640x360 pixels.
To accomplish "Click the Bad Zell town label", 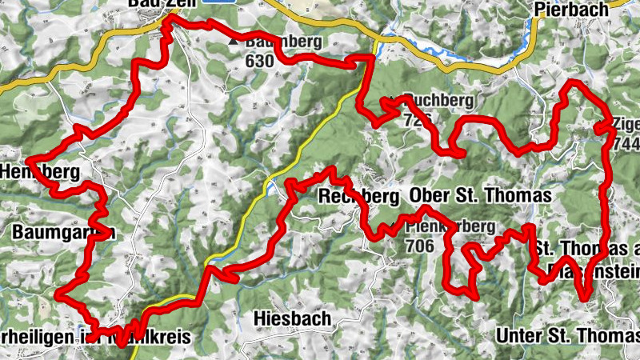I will pos(157,4).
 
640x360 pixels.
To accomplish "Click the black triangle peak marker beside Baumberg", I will pos(233,40).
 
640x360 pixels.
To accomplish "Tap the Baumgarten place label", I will pos(65,233).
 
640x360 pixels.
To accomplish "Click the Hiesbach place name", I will pos(291,318).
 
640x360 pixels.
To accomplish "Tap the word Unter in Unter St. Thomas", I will pos(518,335).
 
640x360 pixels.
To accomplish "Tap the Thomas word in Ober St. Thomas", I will pos(519,195).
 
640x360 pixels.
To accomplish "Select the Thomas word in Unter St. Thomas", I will pos(593,335).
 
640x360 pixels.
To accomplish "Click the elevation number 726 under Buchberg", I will pos(418,120).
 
